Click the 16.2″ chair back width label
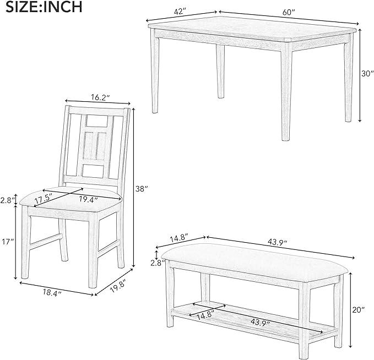98,97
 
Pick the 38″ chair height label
143,189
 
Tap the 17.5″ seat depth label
45,195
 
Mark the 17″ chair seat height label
7,241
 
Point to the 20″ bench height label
360,311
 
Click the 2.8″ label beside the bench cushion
157,263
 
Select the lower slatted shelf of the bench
248,319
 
